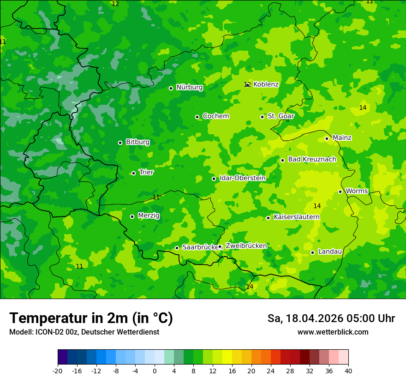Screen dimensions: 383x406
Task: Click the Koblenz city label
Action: tap(266, 84)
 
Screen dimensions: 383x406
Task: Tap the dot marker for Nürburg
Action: tap(171, 88)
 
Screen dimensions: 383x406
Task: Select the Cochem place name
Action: tap(215, 116)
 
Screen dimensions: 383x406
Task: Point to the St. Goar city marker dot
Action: tap(262, 117)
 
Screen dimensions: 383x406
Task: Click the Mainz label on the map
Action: tap(342, 138)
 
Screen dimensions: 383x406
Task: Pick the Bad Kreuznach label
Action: tap(312, 160)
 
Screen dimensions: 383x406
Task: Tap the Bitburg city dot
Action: tap(120, 143)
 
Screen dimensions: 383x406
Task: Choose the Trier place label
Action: tap(146, 173)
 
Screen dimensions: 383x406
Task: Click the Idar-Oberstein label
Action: tap(242, 178)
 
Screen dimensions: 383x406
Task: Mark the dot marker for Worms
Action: tap(340, 191)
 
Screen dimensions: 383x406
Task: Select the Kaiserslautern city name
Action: tap(296, 217)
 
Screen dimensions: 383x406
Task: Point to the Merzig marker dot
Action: tap(132, 216)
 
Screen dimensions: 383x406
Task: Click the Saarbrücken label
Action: tap(200, 247)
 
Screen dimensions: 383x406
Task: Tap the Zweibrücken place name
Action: tap(246, 246)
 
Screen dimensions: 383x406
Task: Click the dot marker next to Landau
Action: tap(312, 252)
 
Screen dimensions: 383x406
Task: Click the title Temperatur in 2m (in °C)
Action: tap(91, 318)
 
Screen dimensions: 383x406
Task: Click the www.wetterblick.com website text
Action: tap(333, 332)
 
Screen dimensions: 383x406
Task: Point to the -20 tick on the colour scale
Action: tap(58, 371)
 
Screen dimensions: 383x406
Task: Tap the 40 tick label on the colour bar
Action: tap(348, 371)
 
